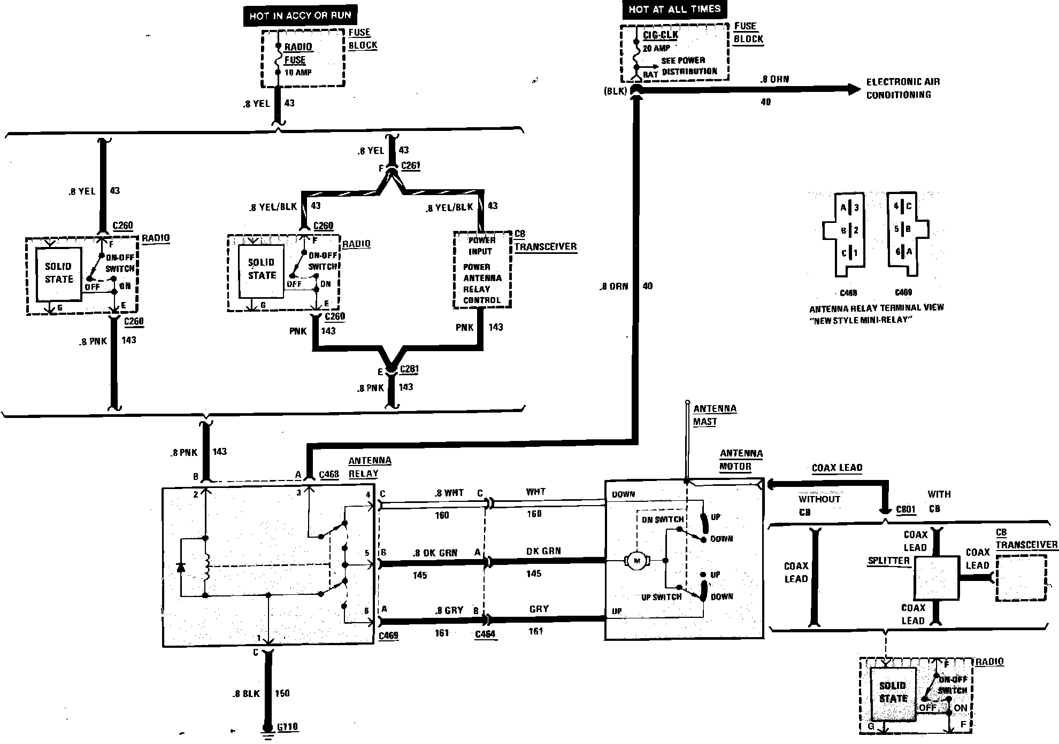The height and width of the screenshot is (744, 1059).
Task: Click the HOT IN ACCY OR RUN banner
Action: [300, 16]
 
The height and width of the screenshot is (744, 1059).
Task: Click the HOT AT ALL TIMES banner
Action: [674, 9]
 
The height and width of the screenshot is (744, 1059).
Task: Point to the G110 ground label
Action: [288, 727]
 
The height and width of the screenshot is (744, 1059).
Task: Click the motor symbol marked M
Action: [636, 561]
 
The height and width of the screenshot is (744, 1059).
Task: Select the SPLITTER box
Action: [935, 578]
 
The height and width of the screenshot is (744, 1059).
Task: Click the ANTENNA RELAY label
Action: [370, 467]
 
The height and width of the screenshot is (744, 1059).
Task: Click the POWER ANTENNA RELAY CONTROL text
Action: [482, 283]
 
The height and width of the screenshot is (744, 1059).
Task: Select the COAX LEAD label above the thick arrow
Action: [837, 468]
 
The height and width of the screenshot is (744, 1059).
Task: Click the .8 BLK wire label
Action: [246, 694]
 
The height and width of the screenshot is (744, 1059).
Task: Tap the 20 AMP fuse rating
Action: [656, 48]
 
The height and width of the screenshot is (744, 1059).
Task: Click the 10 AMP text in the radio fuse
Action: [298, 72]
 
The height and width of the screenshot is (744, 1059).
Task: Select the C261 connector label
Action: [410, 166]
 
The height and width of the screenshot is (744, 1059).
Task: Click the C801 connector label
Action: [905, 509]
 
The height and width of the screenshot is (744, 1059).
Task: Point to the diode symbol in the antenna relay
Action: [181, 567]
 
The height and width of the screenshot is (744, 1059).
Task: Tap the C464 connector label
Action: [485, 634]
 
